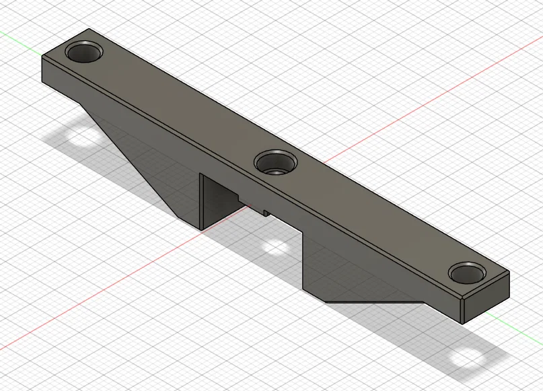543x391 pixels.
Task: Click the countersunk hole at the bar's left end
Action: click(85, 51)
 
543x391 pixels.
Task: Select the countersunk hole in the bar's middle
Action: click(276, 162)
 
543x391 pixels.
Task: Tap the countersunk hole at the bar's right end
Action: click(467, 273)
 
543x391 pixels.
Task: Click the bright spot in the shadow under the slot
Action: click(277, 248)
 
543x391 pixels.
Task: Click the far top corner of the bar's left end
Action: click(89, 29)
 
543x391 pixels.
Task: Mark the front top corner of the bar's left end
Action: click(42, 57)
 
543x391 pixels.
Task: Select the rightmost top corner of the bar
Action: click(509, 273)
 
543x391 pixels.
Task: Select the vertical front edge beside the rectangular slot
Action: click(201, 202)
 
